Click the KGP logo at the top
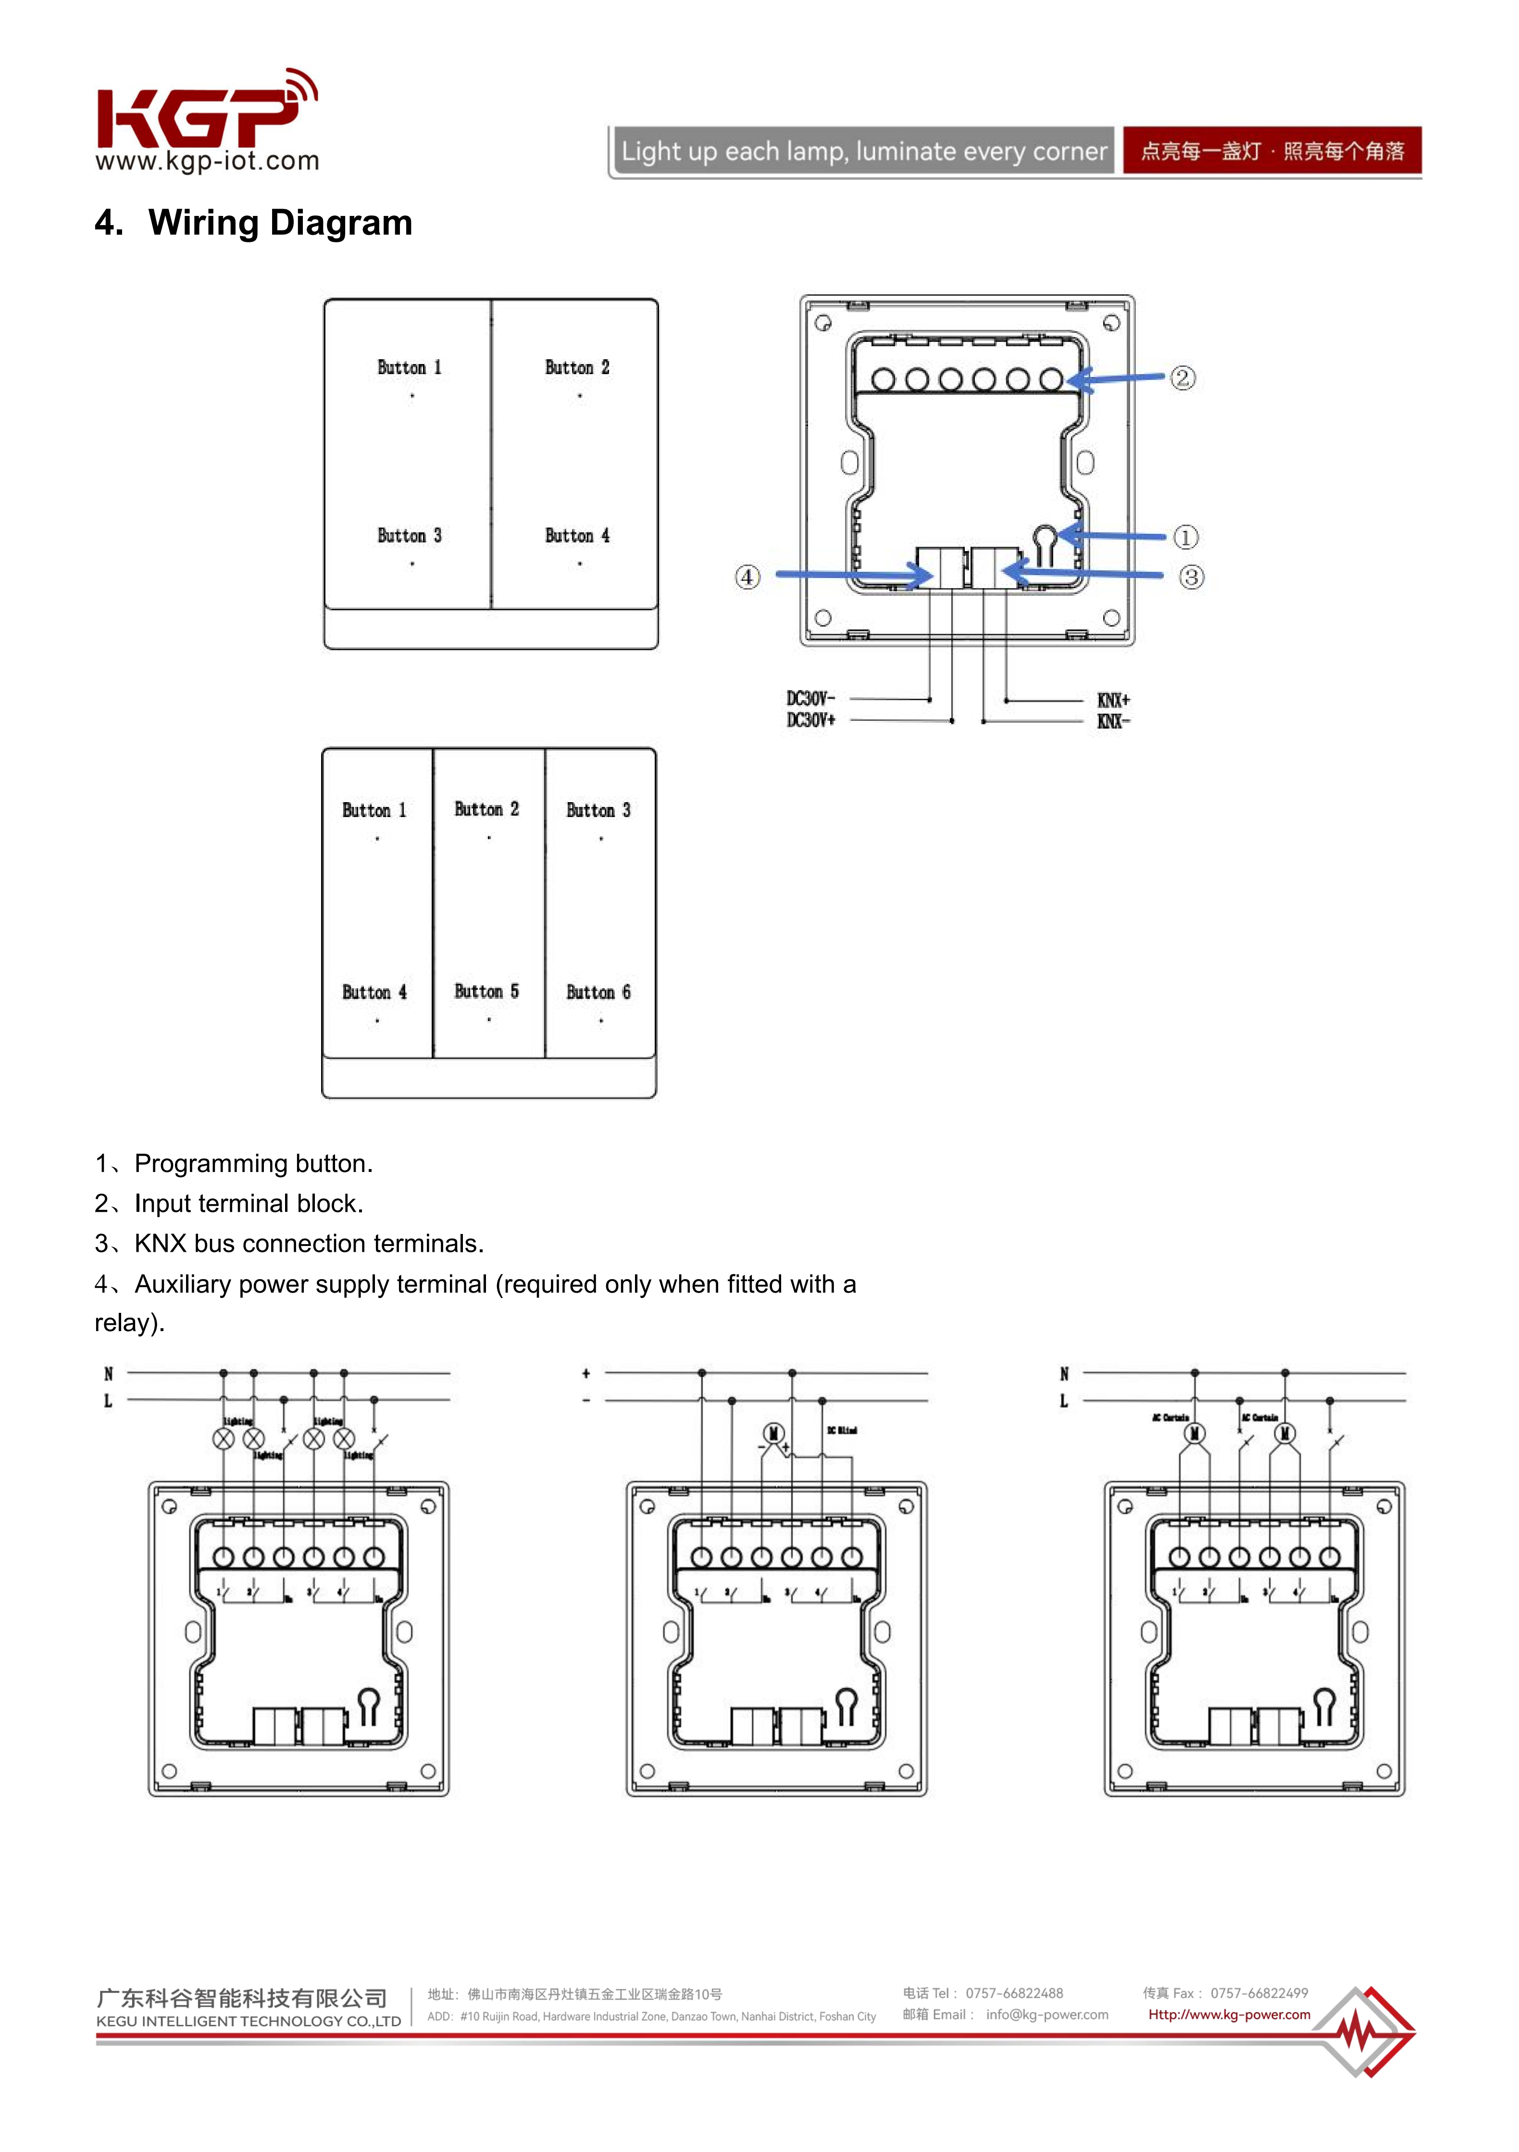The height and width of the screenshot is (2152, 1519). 206,119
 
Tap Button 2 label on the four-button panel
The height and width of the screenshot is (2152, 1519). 577,367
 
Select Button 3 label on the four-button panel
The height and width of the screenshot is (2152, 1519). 409,536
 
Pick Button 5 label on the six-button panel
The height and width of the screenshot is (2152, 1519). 486,992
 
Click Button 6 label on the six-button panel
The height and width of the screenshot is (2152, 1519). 598,993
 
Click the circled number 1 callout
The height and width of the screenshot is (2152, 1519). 1185,537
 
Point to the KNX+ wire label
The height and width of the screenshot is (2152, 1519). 1113,700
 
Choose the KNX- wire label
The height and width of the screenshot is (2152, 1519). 1113,721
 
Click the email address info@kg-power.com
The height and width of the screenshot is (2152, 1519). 1046,2014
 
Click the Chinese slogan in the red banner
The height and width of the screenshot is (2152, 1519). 1271,151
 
